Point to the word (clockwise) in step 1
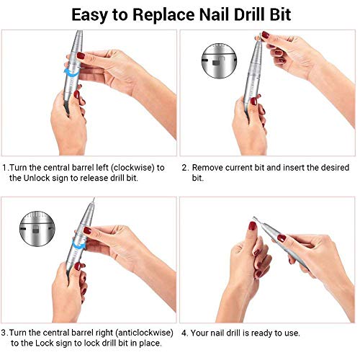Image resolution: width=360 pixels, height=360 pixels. coord(133,168)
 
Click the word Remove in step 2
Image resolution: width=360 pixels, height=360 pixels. coord(210,168)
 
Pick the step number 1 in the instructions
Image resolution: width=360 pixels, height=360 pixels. coord(4,168)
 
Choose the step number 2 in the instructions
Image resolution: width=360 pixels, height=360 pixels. coord(184,168)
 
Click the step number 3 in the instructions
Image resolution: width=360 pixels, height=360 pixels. coord(4,333)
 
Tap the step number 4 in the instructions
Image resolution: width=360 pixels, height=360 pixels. coord(184,333)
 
